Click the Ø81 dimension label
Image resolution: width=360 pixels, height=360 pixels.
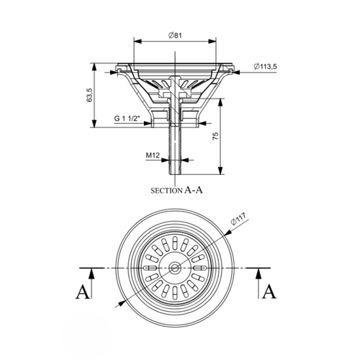click(x=175, y=35)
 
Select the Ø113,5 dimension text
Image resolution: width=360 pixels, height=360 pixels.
click(x=265, y=66)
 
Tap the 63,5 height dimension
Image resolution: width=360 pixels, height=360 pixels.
click(x=89, y=95)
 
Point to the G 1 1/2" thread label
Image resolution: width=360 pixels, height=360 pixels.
click(x=127, y=118)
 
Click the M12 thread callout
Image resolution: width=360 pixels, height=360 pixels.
click(x=153, y=156)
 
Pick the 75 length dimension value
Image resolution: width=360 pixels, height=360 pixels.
click(x=215, y=136)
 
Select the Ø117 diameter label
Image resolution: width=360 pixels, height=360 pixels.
click(x=238, y=219)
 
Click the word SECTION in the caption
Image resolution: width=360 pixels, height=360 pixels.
click(x=166, y=191)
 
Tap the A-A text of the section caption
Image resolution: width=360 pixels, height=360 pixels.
click(x=194, y=190)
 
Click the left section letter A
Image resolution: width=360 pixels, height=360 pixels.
click(x=83, y=292)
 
